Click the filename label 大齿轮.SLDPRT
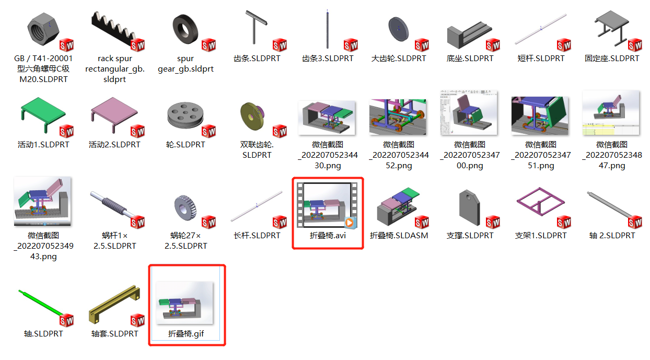click(399, 59)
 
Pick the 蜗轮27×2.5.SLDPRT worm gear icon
click(185, 209)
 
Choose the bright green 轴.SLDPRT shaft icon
click(43, 306)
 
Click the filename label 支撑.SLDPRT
click(470, 236)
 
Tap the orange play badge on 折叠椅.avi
click(350, 223)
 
